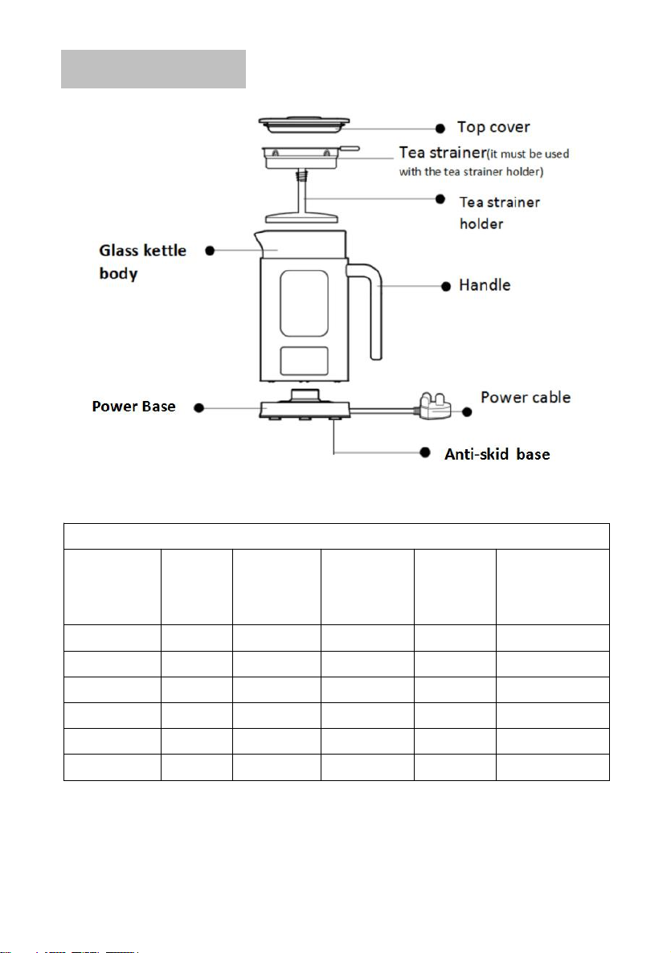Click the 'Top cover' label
coord(493,127)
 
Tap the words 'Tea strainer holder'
coord(500,213)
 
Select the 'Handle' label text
coord(485,285)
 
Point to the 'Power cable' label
coord(526,398)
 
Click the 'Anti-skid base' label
coord(497,454)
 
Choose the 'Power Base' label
coord(133,407)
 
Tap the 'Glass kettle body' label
coord(143,262)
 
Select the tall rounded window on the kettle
coord(304,303)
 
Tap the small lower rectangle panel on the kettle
coord(304,361)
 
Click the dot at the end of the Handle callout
coord(446,286)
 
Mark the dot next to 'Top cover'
coord(440,129)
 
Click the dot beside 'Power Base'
coord(198,408)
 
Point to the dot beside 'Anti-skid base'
coord(426,453)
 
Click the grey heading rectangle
coord(153,69)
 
